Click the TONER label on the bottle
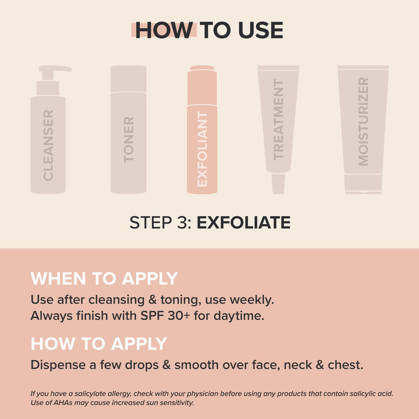pos(129,140)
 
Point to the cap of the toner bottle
pos(129,79)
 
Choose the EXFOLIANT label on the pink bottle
pos(202,149)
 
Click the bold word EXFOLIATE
pos(243,223)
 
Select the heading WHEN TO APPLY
pos(104,279)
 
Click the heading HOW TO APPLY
pos(99,343)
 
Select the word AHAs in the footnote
pos(58,403)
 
